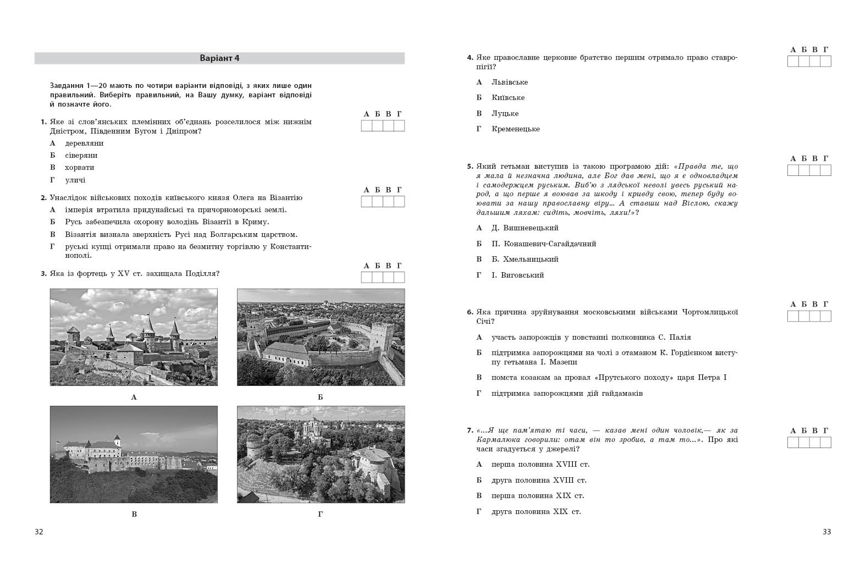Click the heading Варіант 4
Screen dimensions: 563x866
point(219,58)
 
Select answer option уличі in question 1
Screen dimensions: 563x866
point(75,180)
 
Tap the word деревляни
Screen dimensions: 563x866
point(84,143)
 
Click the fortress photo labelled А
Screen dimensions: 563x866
point(134,337)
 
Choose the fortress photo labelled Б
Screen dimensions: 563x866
point(321,337)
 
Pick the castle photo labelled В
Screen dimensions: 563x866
point(134,454)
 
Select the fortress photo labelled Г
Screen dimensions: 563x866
point(321,454)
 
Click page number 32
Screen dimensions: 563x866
point(39,532)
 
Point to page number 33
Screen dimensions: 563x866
point(826,532)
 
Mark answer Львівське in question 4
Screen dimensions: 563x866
point(510,82)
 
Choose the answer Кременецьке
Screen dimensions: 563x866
point(516,129)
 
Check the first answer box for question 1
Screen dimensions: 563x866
point(367,126)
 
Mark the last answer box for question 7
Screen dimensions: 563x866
point(825,443)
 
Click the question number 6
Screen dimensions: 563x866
point(470,312)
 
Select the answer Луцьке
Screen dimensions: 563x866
point(505,114)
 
